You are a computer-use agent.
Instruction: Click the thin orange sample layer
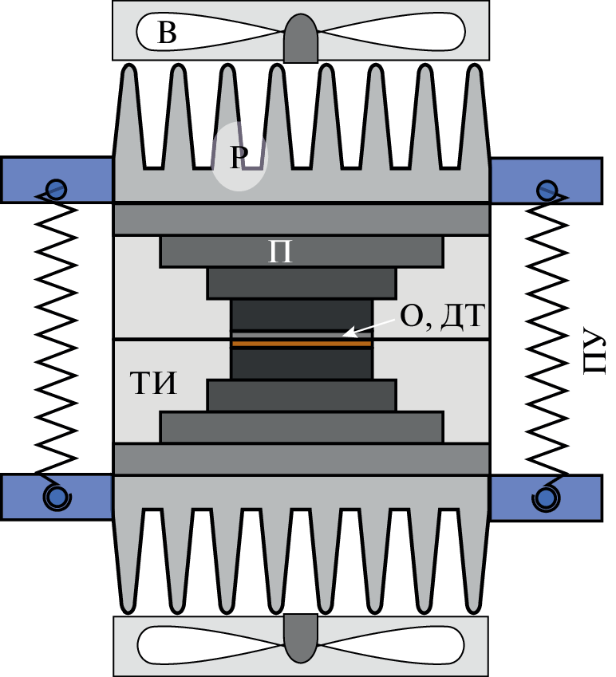[301, 343]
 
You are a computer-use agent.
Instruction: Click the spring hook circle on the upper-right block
[547, 190]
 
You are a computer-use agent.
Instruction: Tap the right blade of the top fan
[391, 33]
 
